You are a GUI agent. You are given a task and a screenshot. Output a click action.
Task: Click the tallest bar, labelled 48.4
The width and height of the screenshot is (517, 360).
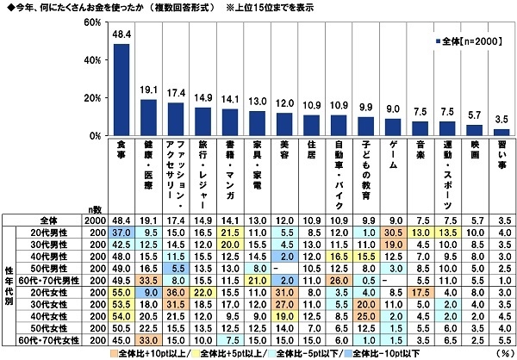click(122, 90)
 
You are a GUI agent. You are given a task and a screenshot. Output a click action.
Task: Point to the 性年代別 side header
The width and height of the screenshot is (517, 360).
click(11, 284)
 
